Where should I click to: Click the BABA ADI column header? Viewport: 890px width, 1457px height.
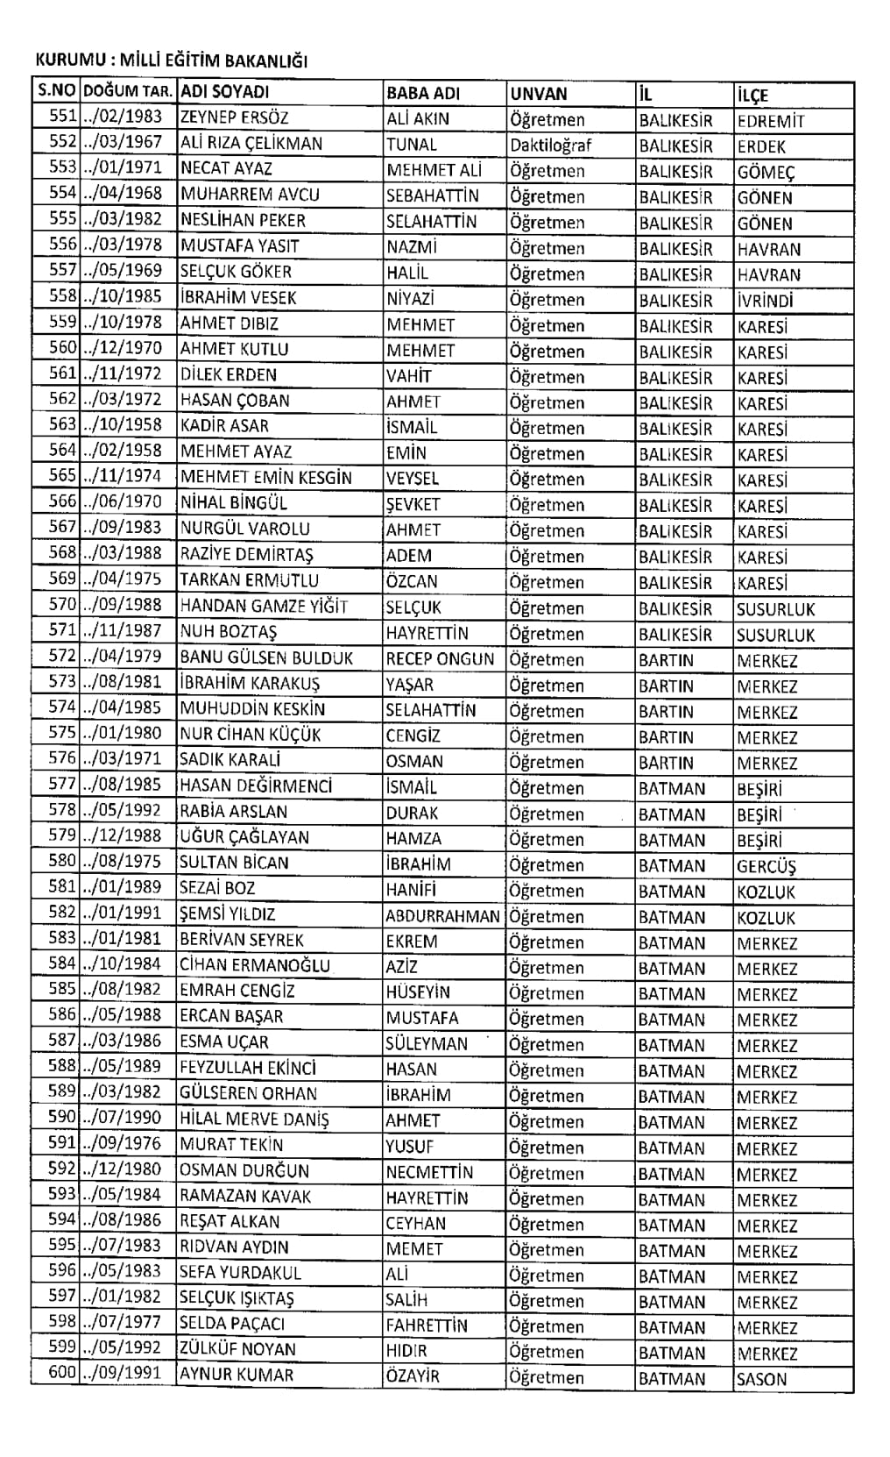click(423, 93)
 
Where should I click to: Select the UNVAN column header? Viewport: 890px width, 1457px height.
click(539, 94)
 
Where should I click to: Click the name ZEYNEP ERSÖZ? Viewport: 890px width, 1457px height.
click(234, 118)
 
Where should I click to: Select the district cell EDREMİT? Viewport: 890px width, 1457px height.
click(771, 121)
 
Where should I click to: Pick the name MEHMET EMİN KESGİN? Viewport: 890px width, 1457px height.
click(266, 478)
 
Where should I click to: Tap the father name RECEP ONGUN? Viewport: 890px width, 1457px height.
click(440, 659)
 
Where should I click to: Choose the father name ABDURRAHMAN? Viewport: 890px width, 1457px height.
click(443, 917)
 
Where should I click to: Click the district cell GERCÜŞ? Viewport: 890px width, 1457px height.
click(766, 866)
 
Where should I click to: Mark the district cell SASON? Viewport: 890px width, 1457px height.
click(762, 1379)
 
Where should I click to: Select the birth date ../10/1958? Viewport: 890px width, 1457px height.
click(123, 425)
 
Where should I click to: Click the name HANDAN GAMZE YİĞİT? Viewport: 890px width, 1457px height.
click(264, 606)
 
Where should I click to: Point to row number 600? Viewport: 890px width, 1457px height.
click(63, 1372)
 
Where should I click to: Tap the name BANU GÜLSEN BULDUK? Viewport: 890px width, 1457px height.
click(266, 657)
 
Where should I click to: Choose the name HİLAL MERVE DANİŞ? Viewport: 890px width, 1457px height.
click(254, 1119)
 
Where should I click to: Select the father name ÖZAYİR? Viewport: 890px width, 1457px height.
click(412, 1376)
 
